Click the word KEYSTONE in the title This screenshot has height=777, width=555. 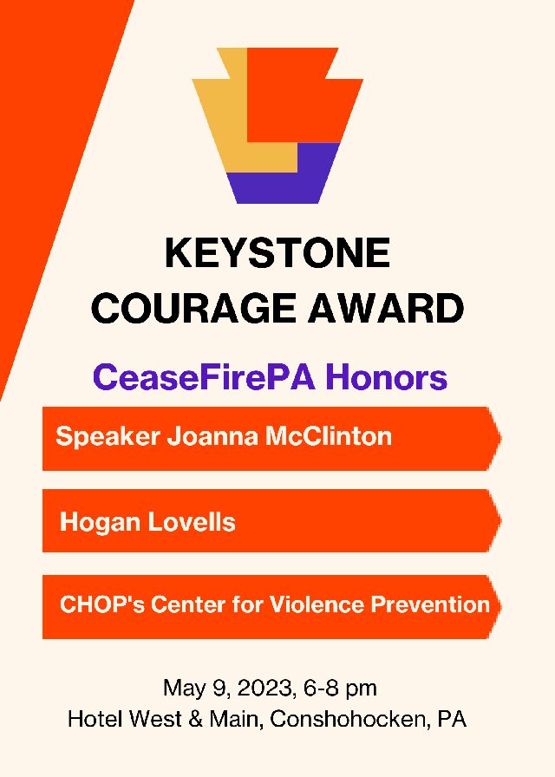coord(277,252)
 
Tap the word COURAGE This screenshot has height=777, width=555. coord(193,308)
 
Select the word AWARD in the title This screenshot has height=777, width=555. coord(387,308)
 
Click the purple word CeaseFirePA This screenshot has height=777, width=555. coord(204,377)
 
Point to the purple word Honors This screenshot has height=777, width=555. coord(387,377)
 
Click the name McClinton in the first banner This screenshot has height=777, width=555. coord(329,436)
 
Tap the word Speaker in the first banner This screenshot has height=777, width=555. coord(108,437)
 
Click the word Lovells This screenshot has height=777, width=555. coord(192,522)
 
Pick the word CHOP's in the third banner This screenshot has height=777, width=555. coord(102,604)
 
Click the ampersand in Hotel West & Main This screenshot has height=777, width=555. coord(195,719)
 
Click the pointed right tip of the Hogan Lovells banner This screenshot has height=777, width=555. coord(501,520)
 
